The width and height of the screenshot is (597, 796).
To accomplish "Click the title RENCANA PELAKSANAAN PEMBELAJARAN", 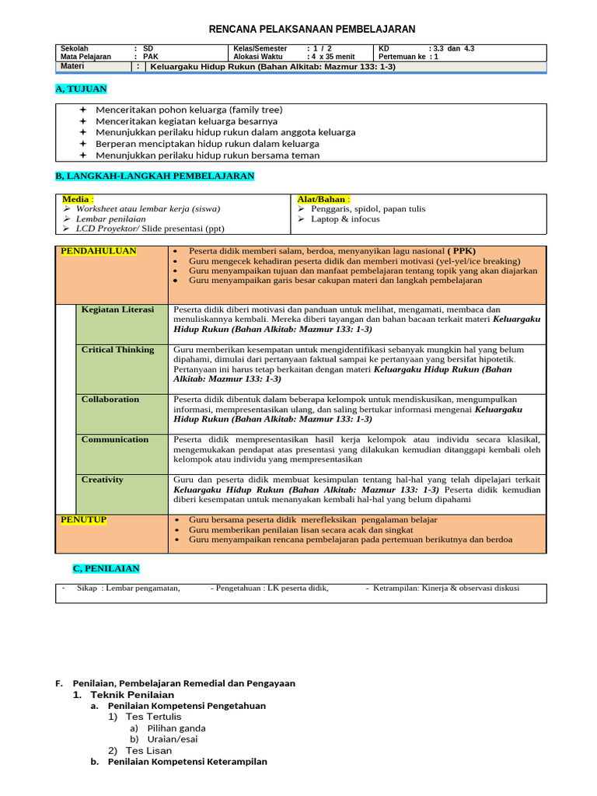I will (312, 30).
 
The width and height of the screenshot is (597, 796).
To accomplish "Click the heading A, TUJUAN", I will (81, 89).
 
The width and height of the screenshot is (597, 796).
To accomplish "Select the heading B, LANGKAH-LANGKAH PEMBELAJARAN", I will (155, 176).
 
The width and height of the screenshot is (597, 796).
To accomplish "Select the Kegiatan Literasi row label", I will (117, 309).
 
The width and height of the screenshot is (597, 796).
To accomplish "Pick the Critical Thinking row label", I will (117, 350).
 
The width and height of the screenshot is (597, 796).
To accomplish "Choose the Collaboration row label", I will (110, 400).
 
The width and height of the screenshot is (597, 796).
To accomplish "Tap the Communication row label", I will (115, 440).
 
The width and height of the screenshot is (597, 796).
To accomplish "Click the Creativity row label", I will (103, 480).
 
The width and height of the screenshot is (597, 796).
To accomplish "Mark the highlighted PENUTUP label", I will (84, 519).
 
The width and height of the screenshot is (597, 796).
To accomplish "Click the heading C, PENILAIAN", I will (106, 569).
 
